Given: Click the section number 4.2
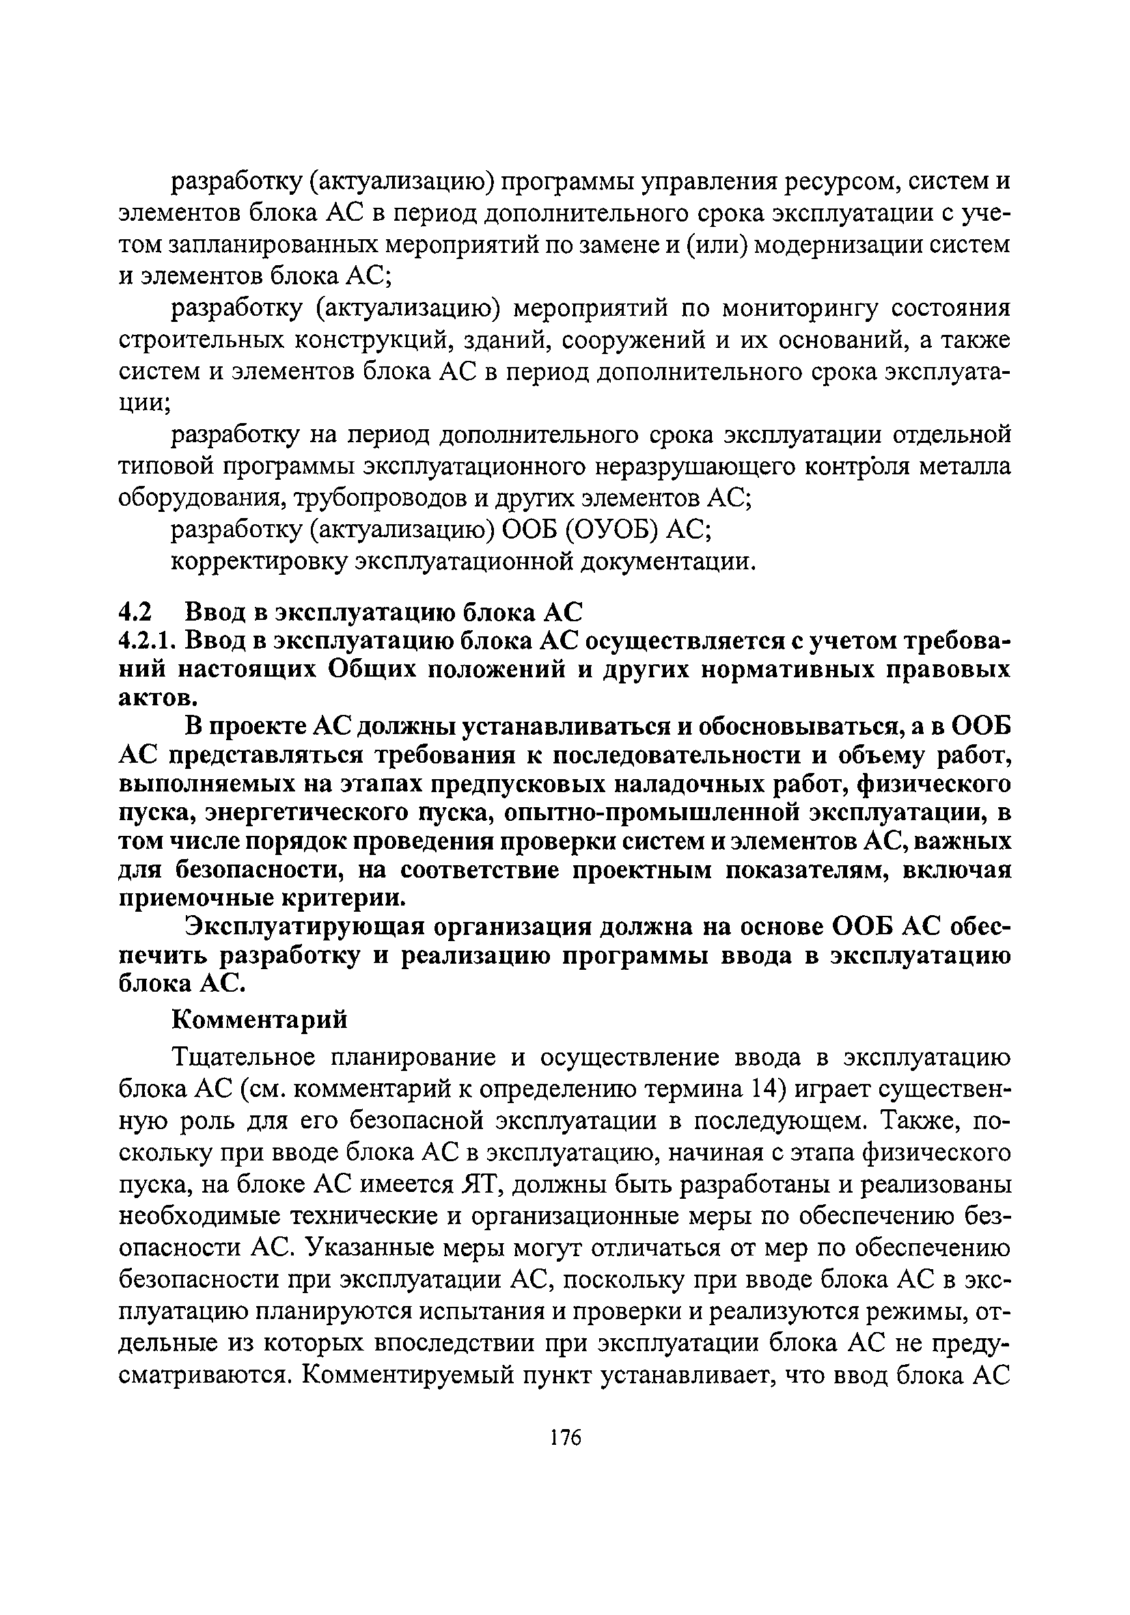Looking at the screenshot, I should pyautogui.click(x=135, y=612).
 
